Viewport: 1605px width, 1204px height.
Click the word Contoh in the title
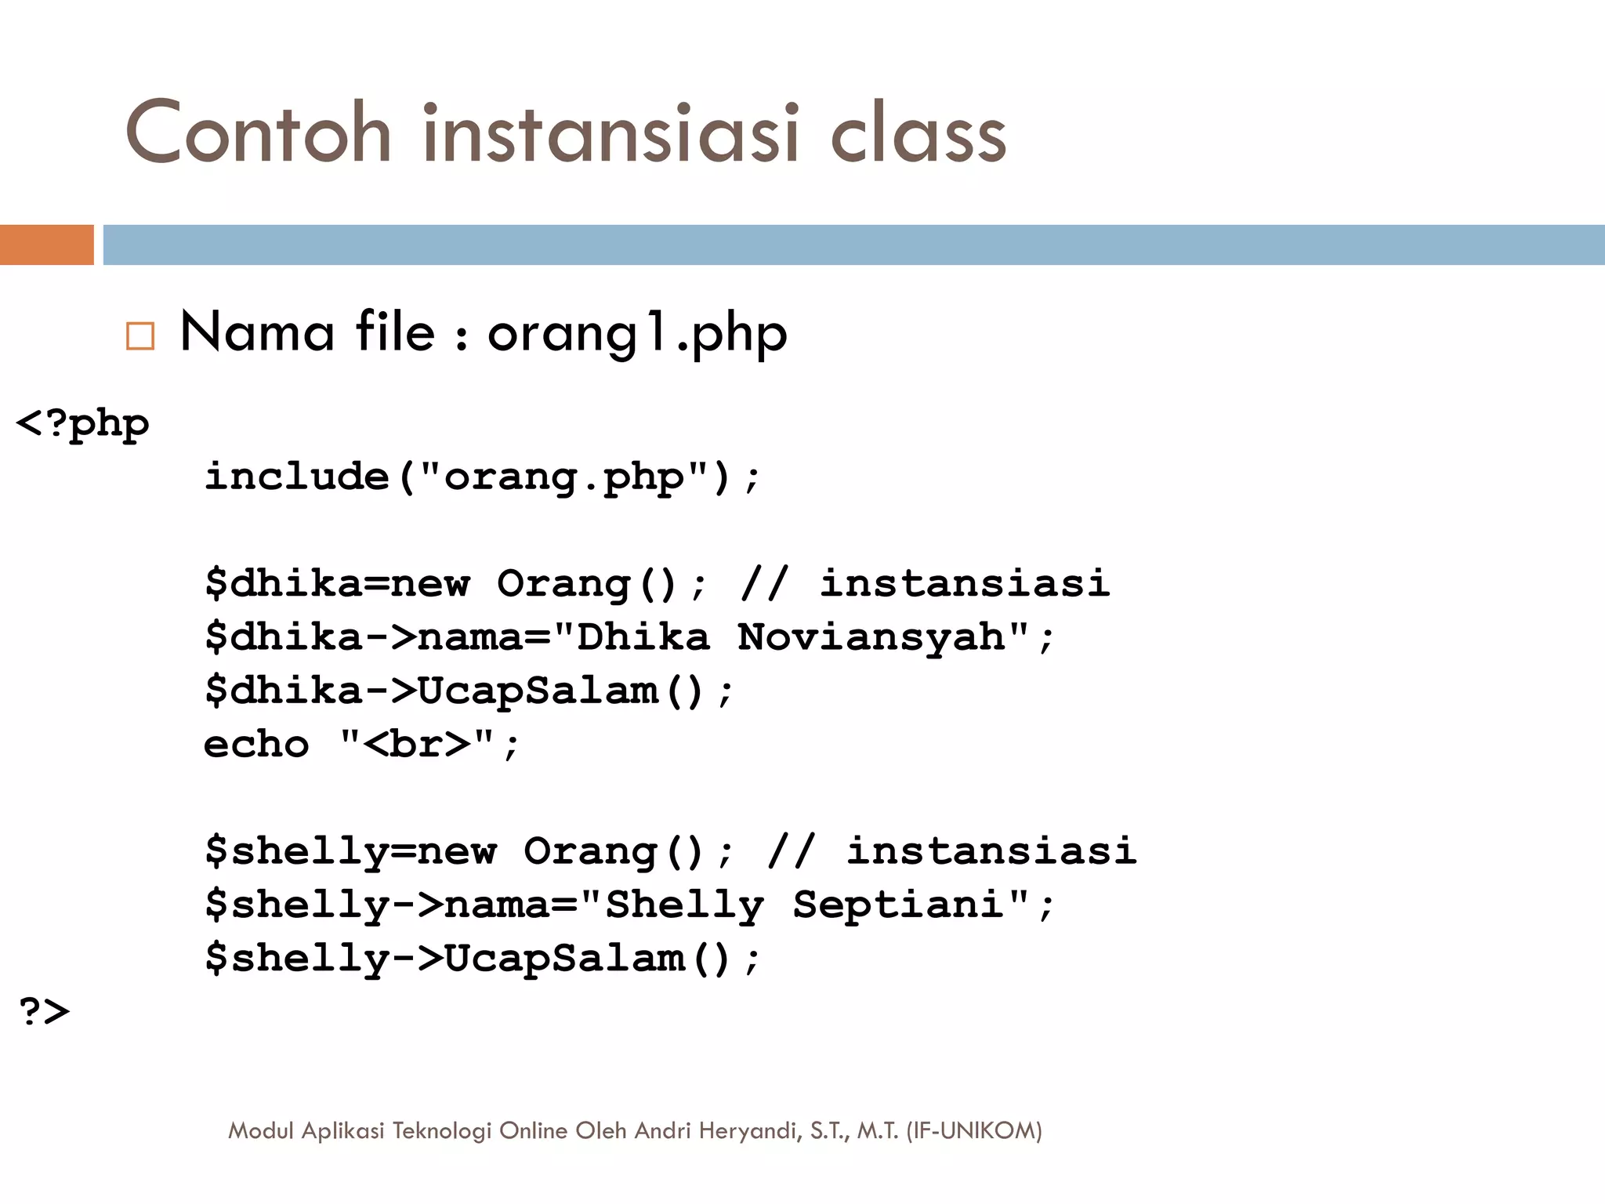[258, 133]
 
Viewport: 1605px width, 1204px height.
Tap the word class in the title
[918, 135]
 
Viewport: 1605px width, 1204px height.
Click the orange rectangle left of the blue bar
[46, 245]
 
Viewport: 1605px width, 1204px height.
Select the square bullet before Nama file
[140, 335]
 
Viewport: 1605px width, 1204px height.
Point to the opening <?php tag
[82, 425]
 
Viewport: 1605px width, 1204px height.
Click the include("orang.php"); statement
[482, 477]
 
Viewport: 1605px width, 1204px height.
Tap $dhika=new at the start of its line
[337, 583]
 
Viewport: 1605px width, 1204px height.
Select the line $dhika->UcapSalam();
[469, 691]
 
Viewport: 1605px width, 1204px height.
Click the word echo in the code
[256, 744]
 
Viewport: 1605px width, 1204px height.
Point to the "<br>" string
[418, 744]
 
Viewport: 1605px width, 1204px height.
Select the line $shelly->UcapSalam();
[482, 958]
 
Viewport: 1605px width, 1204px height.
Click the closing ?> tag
[44, 1011]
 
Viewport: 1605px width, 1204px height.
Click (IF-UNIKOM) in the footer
[973, 1130]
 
